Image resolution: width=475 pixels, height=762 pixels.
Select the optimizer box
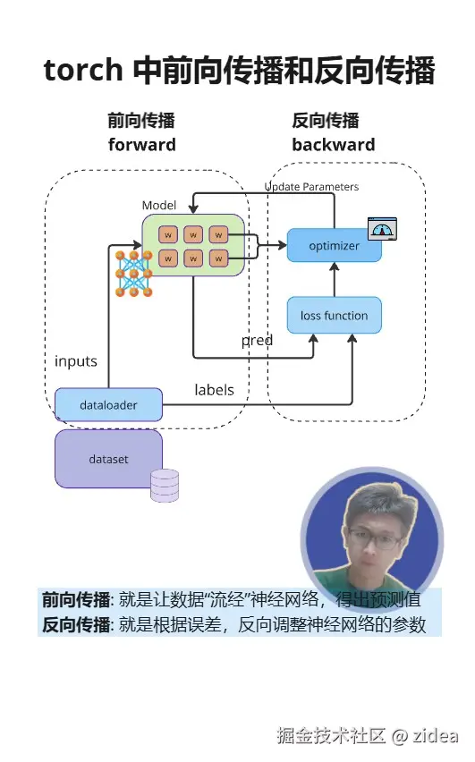(334, 246)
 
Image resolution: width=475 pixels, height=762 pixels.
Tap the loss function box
(334, 316)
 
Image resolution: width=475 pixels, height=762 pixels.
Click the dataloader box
(108, 405)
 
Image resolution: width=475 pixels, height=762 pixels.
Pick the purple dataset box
(108, 459)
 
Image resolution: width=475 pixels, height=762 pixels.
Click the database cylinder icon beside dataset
(165, 485)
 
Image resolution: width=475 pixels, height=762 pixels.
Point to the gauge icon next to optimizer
(383, 229)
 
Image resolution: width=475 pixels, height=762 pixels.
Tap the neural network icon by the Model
(133, 274)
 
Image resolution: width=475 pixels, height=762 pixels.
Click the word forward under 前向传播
(141, 145)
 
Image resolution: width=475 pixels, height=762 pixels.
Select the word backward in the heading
(333, 145)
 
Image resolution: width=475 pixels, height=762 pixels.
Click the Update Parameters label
(311, 187)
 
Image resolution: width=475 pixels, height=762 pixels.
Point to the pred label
(257, 341)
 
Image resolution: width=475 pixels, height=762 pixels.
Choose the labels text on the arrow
(214, 390)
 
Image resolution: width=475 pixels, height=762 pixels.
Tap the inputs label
(76, 361)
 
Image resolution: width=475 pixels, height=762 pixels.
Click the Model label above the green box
(159, 206)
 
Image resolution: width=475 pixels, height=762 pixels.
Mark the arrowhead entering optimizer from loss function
(334, 267)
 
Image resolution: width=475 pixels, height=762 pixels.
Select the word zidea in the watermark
(436, 736)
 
